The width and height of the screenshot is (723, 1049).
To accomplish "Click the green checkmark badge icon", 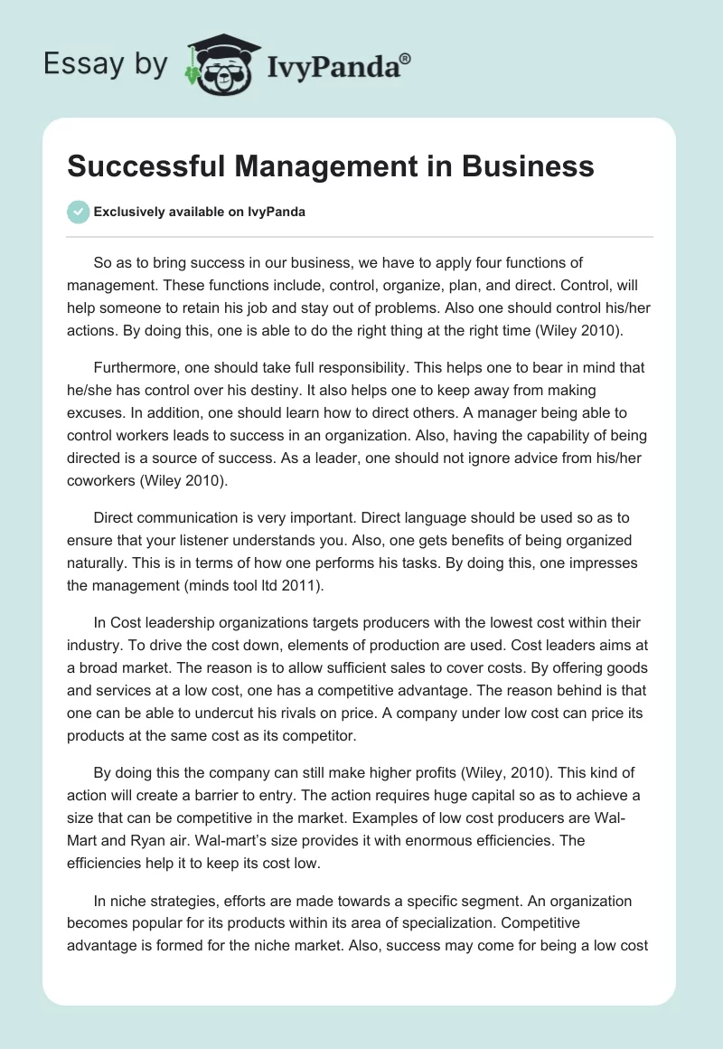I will click(78, 212).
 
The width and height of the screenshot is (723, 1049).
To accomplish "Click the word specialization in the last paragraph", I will click(419, 923).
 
